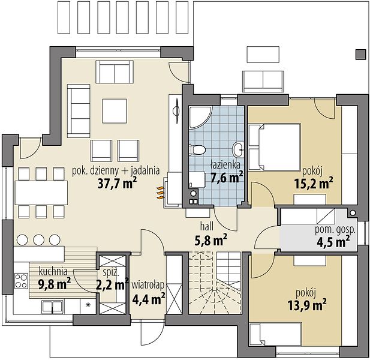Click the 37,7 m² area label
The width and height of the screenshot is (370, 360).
point(118,183)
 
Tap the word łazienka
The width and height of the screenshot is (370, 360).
point(225,164)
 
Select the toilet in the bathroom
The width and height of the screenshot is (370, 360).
point(197,149)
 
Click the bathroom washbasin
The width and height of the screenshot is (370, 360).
point(238,149)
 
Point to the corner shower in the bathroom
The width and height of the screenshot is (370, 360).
point(200,118)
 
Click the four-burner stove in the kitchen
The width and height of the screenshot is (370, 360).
point(21,281)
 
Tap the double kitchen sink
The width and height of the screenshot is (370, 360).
point(52,307)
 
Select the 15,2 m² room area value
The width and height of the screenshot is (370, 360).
point(314,183)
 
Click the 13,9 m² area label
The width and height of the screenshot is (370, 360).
point(307,305)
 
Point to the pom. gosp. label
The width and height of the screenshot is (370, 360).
point(335,230)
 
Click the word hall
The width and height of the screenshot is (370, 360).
point(207,226)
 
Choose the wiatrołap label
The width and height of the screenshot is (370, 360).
point(148,285)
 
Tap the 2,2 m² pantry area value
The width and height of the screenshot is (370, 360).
point(113,284)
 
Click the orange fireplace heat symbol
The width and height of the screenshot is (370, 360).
point(160,193)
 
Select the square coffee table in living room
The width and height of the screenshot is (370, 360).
point(115,111)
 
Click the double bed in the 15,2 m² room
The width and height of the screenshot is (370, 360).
point(275,147)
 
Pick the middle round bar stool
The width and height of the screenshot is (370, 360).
point(39,239)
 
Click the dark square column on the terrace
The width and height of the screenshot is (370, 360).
point(361,54)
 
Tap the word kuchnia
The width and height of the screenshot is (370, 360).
point(53,272)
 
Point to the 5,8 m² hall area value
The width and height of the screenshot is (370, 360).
point(210,241)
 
